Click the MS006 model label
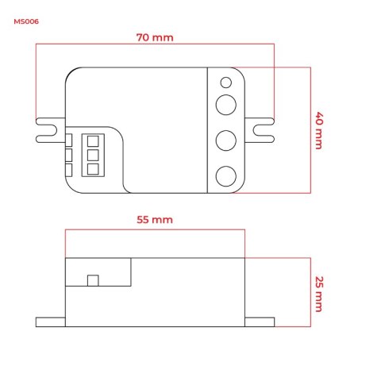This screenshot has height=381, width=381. click(26, 21)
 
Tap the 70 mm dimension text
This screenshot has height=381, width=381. click(155, 37)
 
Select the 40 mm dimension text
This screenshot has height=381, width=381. click(319, 131)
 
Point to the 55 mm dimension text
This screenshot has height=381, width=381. click(155, 220)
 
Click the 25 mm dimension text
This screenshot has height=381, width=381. click(319, 294)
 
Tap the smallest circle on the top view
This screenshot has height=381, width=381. click(225, 83)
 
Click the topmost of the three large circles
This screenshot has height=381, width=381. click(225, 105)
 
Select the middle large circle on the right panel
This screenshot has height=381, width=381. click(225, 140)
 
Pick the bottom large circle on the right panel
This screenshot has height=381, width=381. click(225, 176)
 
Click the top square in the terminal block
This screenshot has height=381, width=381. click(93, 141)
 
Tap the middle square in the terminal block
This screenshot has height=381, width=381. click(93, 155)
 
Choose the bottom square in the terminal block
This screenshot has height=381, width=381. click(93, 169)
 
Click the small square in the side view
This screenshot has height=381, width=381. click(93, 280)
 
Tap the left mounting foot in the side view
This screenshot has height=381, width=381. click(51, 322)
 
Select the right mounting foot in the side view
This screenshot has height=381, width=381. click(260, 322)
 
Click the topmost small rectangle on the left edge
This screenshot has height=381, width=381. click(68, 140)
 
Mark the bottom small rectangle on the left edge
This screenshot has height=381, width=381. click(68, 170)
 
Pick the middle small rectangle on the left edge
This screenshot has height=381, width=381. click(68, 155)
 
